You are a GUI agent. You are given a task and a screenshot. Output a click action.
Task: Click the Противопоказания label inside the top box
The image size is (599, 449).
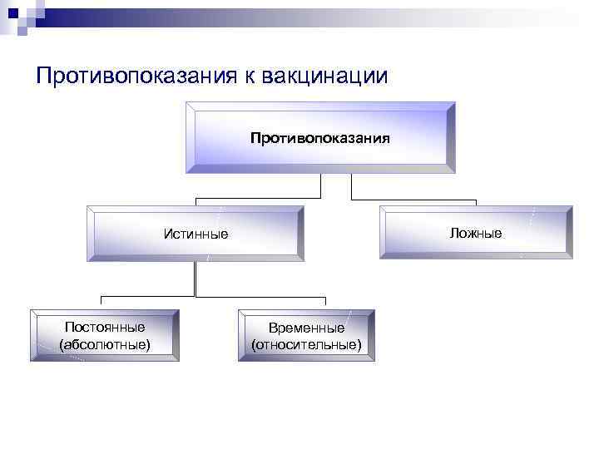coord(320,137)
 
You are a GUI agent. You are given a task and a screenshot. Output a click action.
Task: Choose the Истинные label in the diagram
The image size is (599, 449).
coord(196,234)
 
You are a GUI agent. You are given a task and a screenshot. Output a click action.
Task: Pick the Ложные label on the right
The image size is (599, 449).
coord(476,233)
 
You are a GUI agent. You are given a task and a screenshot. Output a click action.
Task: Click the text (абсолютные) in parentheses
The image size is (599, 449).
coord(105,343)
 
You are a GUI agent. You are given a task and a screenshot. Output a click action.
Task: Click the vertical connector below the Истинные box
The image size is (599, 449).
coord(195,279)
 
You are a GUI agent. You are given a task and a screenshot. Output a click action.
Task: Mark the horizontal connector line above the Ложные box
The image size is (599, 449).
coord(413,200)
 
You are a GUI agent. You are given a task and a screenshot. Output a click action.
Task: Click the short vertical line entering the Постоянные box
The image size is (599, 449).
coord(101,303)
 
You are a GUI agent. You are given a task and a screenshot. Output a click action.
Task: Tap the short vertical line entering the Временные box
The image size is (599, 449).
coord(325,303)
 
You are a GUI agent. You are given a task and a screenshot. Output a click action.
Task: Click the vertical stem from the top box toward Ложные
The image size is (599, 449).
coord(351,186)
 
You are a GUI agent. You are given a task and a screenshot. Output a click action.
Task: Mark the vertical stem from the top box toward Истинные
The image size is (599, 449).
coord(320,186)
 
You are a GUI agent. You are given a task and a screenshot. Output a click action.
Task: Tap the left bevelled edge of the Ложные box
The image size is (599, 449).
coord(384,233)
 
